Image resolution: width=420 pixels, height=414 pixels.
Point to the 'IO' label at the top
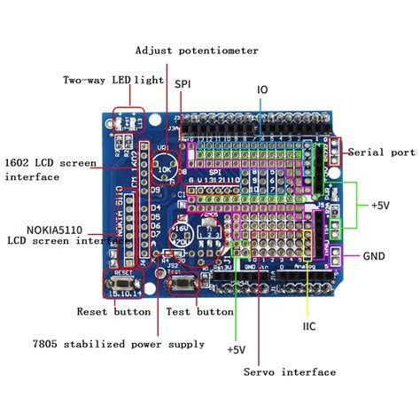pyautogui.click(x=263, y=90)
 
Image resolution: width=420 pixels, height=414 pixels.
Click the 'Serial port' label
pyautogui.click(x=379, y=152)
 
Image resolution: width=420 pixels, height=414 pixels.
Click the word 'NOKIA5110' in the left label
pyautogui.click(x=40, y=226)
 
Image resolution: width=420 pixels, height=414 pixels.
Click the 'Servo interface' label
pyautogui.click(x=290, y=371)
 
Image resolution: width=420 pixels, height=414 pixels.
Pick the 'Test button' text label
pyautogui.click(x=200, y=311)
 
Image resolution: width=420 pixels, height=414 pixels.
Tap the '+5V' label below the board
pyautogui.click(x=235, y=349)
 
